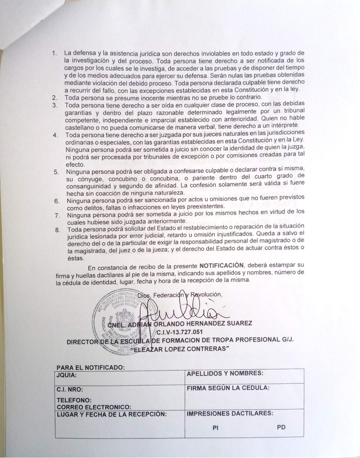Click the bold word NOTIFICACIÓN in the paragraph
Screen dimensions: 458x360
(x=221, y=266)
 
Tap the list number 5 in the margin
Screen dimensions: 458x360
(x=56, y=172)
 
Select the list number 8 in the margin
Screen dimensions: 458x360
(x=56, y=229)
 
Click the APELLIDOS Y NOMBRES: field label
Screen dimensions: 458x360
(x=225, y=373)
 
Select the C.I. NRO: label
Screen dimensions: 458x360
(x=70, y=389)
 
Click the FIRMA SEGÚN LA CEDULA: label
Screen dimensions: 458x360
(x=228, y=388)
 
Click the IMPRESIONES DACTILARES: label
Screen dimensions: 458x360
(x=230, y=414)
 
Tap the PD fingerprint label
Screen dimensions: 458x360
(x=282, y=428)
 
